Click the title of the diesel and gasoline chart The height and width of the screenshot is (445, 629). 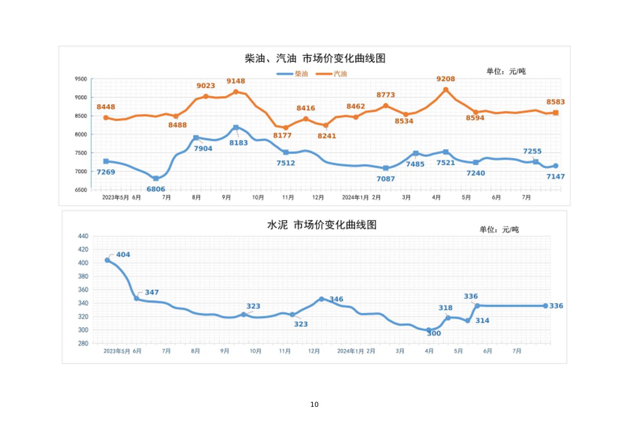[x=315, y=58]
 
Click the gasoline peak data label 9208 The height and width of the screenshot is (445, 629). [x=446, y=79]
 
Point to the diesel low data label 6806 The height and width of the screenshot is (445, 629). [x=156, y=189]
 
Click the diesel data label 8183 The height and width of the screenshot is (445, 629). [x=239, y=143]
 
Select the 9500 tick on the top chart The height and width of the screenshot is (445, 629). [x=81, y=79]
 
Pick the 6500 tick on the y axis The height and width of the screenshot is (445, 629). [x=81, y=190]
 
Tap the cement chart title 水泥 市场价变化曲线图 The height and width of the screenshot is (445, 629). [x=322, y=225]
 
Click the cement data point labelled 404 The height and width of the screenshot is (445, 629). [x=108, y=260]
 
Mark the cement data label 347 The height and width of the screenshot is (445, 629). [x=152, y=292]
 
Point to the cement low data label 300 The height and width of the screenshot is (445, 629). [x=434, y=334]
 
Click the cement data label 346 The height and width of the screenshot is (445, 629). [x=336, y=299]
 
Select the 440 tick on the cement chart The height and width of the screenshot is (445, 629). [x=83, y=236]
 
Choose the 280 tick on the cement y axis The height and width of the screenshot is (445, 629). [x=83, y=343]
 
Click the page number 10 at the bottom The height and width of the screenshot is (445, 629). [x=314, y=404]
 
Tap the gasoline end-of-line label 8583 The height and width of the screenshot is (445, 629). [x=555, y=102]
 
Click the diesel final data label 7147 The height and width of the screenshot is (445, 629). [x=555, y=177]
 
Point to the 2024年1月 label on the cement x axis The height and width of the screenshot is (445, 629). [x=350, y=351]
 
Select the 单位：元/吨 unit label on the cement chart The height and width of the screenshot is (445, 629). [x=499, y=230]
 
